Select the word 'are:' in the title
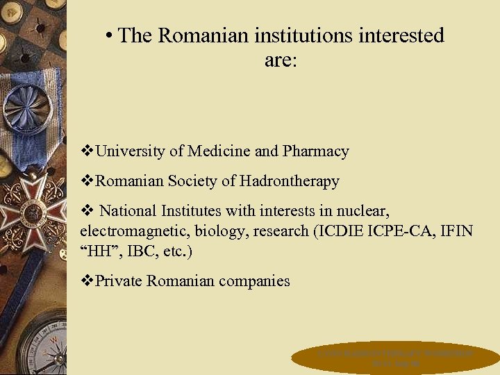coord(281,60)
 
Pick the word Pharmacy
coord(316,151)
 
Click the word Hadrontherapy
coord(290,181)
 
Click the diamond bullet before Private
coord(87,281)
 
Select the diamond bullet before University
coord(87,151)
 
